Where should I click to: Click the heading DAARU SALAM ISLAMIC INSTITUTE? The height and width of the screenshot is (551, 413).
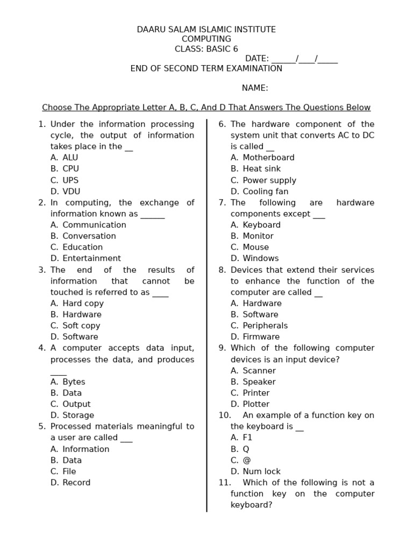pyautogui.click(x=206, y=30)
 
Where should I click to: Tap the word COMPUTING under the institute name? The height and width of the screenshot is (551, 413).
pyautogui.click(x=206, y=39)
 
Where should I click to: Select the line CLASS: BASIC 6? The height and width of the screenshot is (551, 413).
pyautogui.click(x=206, y=49)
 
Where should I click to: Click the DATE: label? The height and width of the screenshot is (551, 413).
pyautogui.click(x=257, y=59)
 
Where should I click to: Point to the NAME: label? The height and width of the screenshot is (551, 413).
pyautogui.click(x=255, y=88)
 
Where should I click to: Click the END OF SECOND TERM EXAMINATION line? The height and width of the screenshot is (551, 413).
pyautogui.click(x=206, y=68)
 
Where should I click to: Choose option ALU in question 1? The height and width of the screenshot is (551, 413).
pyautogui.click(x=70, y=158)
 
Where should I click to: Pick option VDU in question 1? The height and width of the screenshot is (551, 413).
pyautogui.click(x=71, y=192)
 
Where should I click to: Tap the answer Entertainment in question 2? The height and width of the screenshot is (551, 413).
pyautogui.click(x=91, y=258)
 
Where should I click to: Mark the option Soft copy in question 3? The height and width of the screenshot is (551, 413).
pyautogui.click(x=81, y=326)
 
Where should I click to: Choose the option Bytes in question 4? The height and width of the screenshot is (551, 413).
pyautogui.click(x=74, y=382)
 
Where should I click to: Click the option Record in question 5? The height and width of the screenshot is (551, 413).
pyautogui.click(x=76, y=483)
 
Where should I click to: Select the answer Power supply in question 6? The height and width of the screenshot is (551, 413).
pyautogui.click(x=269, y=180)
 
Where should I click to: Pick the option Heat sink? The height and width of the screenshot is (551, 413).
pyautogui.click(x=261, y=169)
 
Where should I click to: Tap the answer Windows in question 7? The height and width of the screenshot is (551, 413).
pyautogui.click(x=260, y=258)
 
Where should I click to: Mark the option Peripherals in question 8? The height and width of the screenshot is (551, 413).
pyautogui.click(x=265, y=326)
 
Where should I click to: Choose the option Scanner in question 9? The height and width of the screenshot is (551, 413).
pyautogui.click(x=259, y=371)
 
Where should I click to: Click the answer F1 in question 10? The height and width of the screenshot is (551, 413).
pyautogui.click(x=247, y=438)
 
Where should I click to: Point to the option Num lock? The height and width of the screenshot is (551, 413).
pyautogui.click(x=261, y=471)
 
